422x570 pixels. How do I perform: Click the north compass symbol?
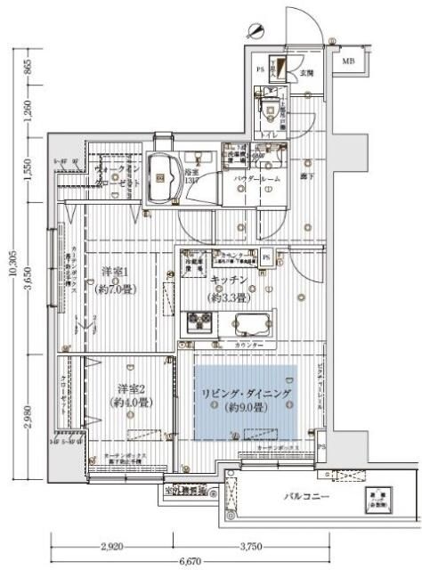pyautogui.click(x=257, y=30)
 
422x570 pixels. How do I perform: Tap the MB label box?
pyautogui.click(x=348, y=62)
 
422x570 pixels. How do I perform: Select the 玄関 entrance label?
pyautogui.click(x=305, y=73)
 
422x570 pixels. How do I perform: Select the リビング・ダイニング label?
pyautogui.click(x=245, y=393)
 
